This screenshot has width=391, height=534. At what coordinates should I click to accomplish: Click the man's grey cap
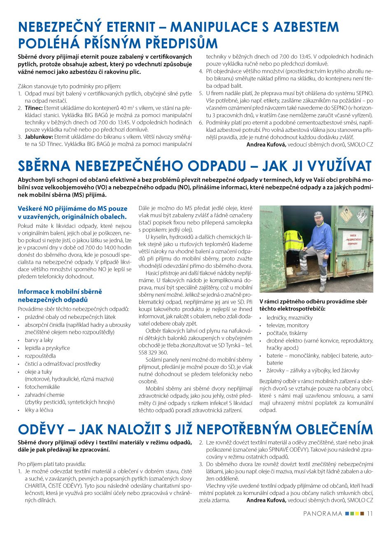tap(318, 214)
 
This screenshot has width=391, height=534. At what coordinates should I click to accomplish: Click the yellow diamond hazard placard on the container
tap(346, 214)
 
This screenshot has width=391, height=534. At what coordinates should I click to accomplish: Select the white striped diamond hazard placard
tap(362, 214)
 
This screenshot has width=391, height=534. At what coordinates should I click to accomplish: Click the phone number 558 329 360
tap(153, 352)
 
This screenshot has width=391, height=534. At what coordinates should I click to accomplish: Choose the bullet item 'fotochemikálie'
tap(42, 387)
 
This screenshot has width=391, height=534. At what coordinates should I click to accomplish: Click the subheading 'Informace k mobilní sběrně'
tap(60, 291)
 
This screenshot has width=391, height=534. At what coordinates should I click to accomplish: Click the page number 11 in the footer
tap(370, 513)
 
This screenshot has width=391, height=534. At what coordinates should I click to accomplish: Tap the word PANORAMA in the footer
tap(323, 513)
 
